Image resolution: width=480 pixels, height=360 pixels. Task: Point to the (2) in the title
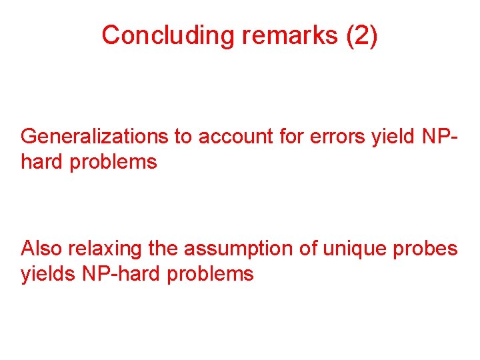361,35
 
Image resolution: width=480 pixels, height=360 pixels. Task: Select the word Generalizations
94,137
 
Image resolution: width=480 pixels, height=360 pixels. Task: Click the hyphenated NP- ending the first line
441,137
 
